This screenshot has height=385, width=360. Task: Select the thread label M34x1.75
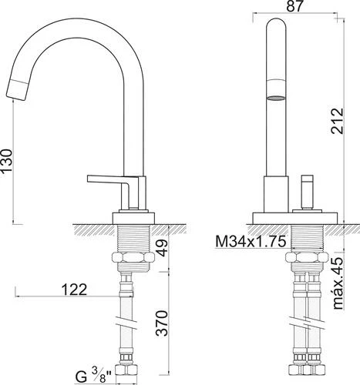252,242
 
